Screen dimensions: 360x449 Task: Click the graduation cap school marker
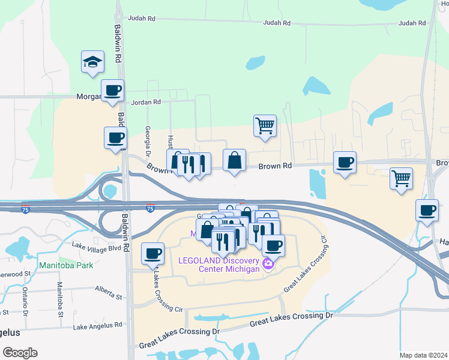tap(93, 62)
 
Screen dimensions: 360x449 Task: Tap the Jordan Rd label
tap(146, 102)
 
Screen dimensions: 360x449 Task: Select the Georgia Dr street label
tap(147, 139)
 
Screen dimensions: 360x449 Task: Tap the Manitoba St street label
tap(60, 299)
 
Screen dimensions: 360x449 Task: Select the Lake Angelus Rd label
tap(97, 326)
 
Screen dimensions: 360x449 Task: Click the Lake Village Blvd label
tap(96, 246)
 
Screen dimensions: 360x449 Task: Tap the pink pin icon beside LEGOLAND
tap(268, 263)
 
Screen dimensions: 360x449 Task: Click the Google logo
tap(20, 352)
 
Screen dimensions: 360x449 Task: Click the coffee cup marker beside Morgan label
tap(112, 91)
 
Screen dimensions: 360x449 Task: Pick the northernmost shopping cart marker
tap(265, 126)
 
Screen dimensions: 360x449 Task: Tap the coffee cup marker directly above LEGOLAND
tap(273, 245)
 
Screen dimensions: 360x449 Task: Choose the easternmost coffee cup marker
tap(427, 211)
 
